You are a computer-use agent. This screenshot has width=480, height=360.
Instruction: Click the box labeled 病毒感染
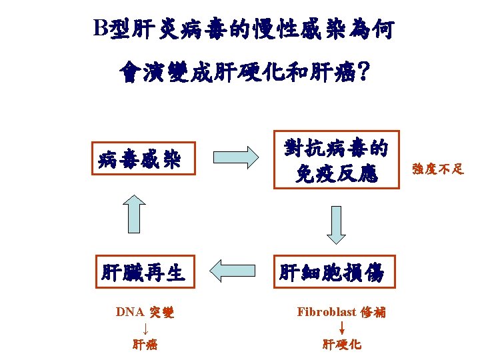(139, 159)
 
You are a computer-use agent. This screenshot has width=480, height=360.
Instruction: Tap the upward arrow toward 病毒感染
(135, 214)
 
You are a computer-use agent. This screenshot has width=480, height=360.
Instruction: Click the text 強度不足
(437, 169)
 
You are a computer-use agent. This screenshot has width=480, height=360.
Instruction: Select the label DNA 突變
(145, 312)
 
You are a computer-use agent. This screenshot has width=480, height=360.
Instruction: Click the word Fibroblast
(327, 311)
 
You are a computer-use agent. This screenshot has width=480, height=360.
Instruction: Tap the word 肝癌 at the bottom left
(145, 345)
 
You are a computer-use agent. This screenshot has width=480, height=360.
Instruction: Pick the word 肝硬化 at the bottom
(341, 345)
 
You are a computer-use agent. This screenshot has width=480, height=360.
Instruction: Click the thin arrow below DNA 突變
(145, 328)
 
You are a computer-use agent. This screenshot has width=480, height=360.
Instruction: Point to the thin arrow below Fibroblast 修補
(341, 327)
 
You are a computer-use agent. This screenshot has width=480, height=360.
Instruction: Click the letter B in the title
(100, 28)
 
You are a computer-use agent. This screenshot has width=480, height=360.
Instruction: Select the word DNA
(129, 312)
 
